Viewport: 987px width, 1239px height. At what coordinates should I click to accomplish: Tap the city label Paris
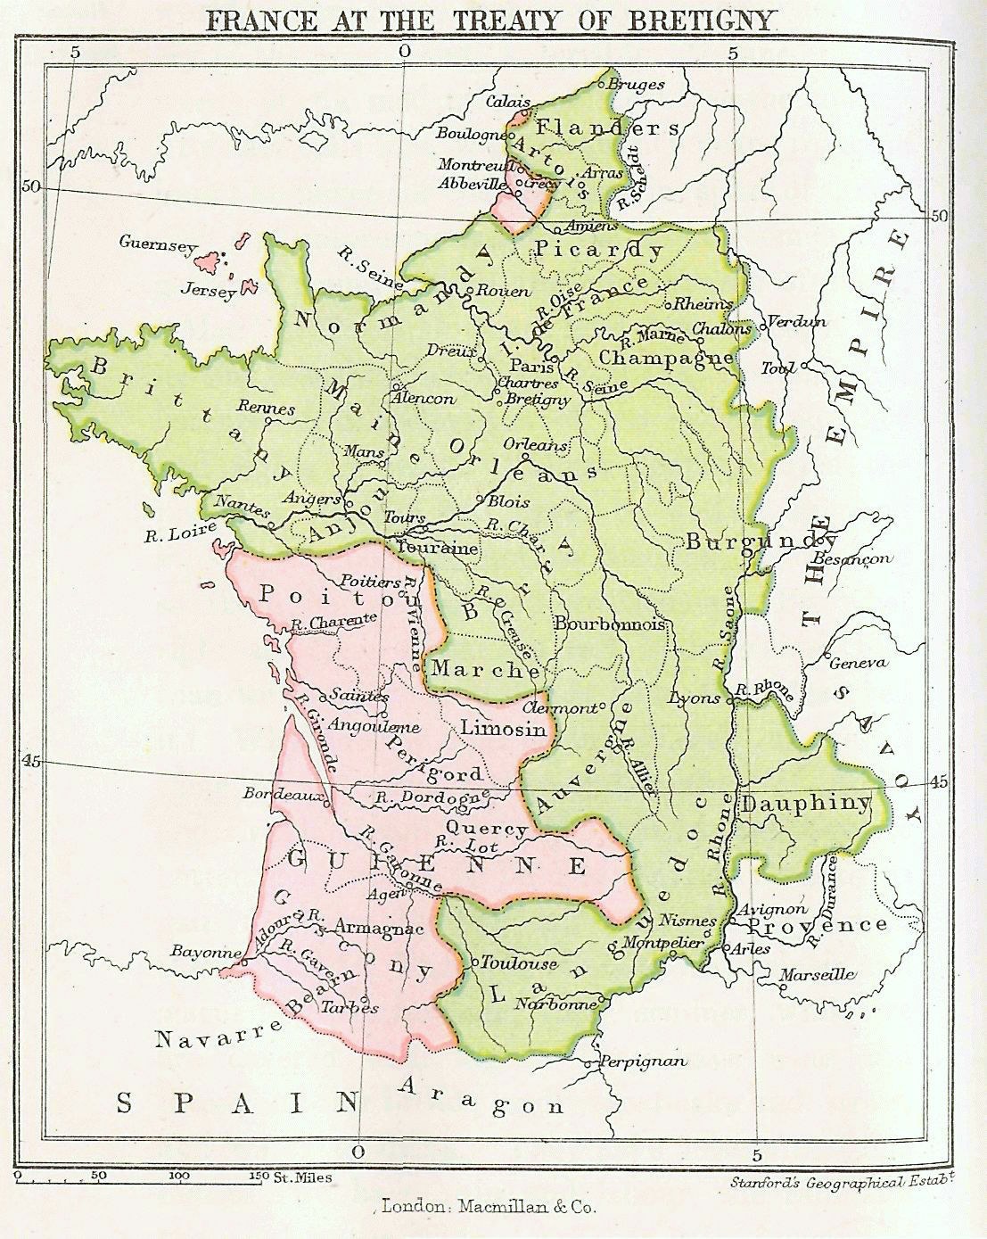click(x=526, y=366)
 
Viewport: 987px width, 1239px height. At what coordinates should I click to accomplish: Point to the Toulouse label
click(x=519, y=963)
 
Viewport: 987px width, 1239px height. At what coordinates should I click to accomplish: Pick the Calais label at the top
click(x=508, y=102)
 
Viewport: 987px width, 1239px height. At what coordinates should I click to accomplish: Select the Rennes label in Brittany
click(x=266, y=408)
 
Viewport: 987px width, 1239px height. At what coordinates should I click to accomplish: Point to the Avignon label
click(x=774, y=908)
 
